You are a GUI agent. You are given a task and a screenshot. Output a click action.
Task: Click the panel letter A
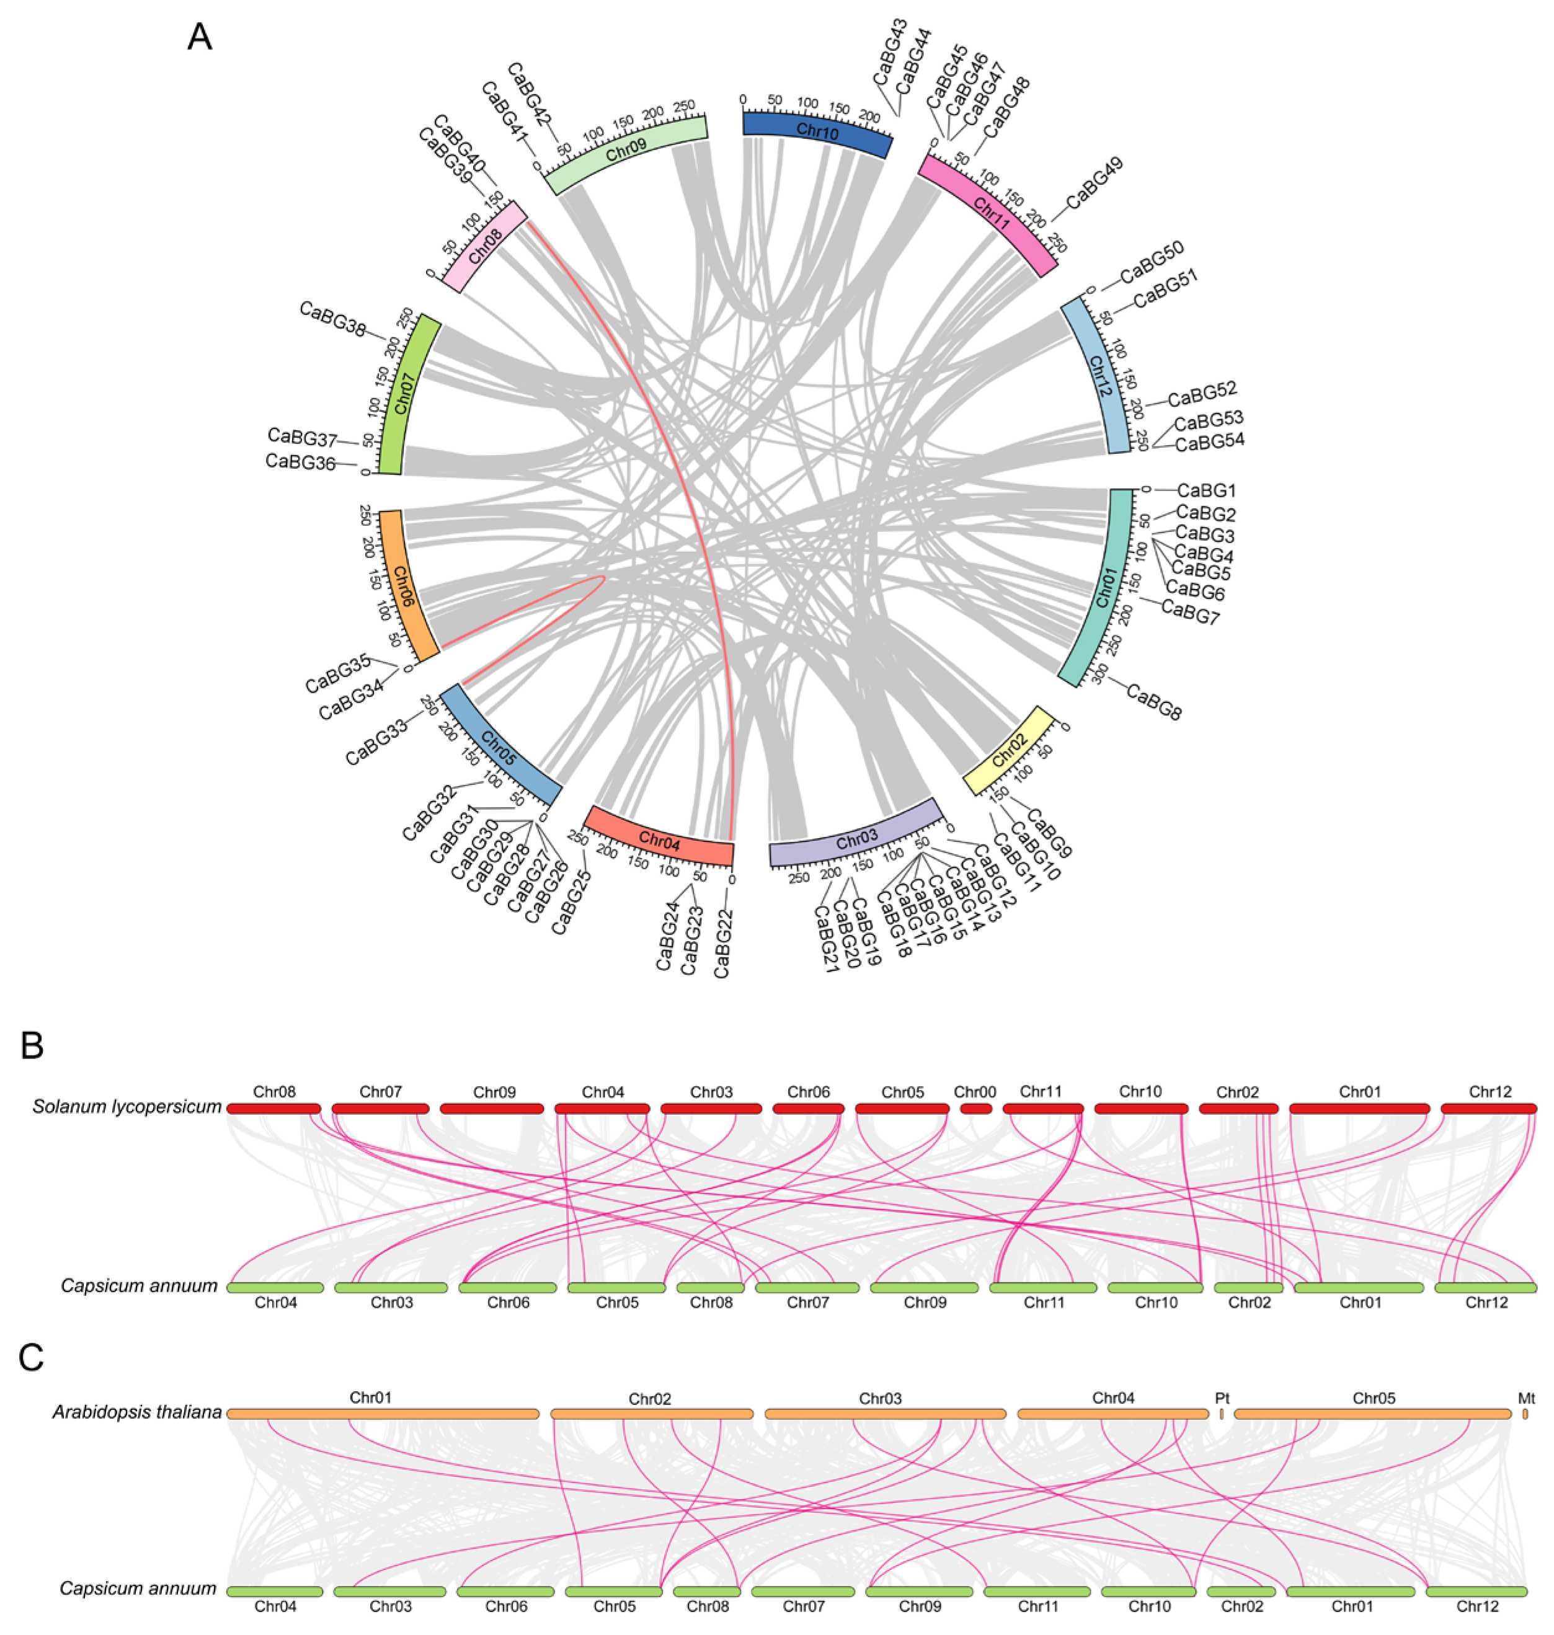[200, 38]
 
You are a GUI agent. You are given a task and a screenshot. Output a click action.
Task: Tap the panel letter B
[32, 1046]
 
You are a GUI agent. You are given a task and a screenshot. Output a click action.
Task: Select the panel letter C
[32, 1358]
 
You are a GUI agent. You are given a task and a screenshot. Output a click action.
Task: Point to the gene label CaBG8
[1154, 701]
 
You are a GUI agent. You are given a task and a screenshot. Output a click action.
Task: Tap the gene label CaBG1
[1207, 490]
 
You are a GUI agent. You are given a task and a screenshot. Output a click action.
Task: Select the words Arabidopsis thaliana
[138, 1412]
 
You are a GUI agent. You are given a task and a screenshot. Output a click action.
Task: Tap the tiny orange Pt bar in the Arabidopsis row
[1221, 1414]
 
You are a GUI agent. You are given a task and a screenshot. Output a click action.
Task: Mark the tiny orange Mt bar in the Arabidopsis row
[1525, 1414]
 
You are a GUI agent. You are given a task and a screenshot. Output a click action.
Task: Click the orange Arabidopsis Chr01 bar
[383, 1414]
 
